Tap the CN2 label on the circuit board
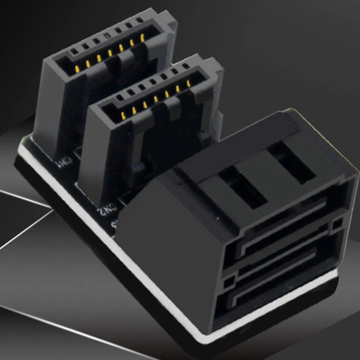pyautogui.click(x=108, y=208)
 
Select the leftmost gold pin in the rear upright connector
pyautogui.click(x=77, y=68)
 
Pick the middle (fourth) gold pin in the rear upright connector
pyautogui.click(x=110, y=53)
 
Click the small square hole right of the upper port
pyautogui.click(x=336, y=224)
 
